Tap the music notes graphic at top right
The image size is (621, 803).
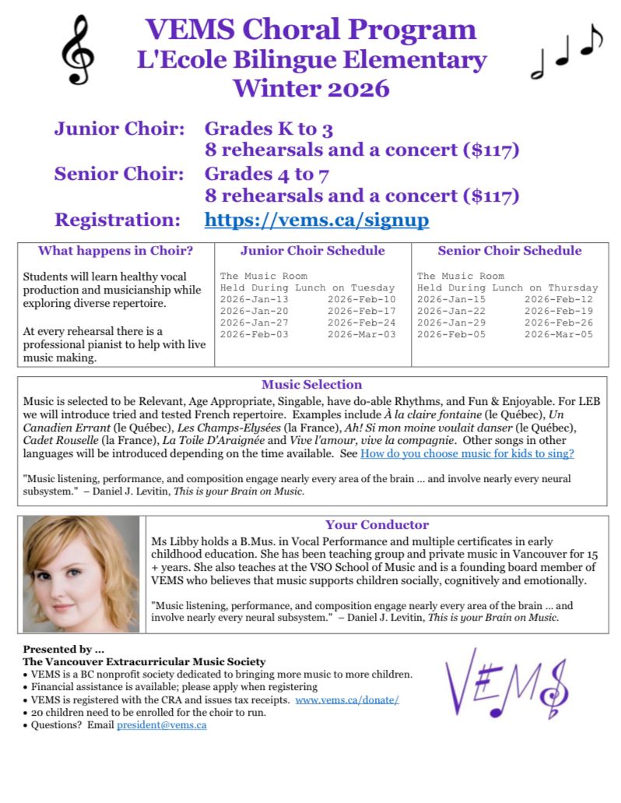coord(566,50)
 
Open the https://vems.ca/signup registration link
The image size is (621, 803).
coord(316,220)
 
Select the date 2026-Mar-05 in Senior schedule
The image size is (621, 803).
coord(558,334)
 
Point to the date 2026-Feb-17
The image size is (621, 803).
coord(361,311)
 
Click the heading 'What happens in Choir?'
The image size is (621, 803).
coord(116,251)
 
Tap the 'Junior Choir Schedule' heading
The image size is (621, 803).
coord(312,251)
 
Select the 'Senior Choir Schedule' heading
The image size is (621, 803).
coord(510,251)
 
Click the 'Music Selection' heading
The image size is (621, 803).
coord(311,385)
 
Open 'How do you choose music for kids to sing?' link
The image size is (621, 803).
coord(467,453)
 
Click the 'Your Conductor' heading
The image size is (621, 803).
coord(377,525)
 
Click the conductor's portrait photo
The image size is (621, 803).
coord(81,573)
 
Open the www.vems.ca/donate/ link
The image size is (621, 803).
coord(347,700)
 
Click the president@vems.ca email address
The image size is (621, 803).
coord(161,725)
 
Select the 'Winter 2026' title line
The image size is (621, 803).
coord(310,87)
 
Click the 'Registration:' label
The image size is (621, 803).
coord(117,220)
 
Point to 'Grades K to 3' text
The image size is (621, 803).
coord(268,129)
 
